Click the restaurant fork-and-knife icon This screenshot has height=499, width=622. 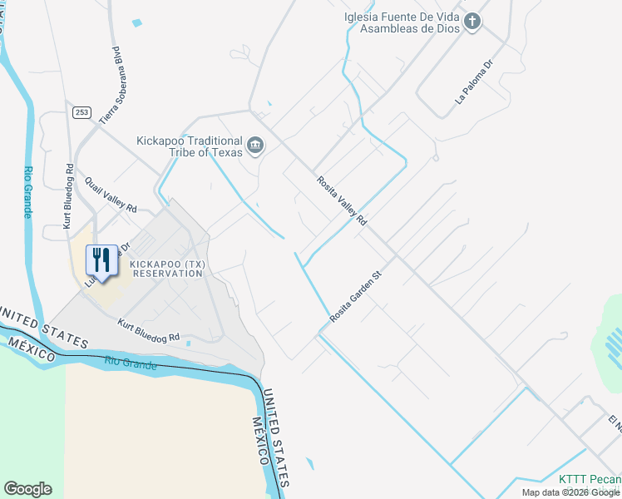tap(102, 259)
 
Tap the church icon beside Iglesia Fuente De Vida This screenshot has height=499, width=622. tap(472, 22)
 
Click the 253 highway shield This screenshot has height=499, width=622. tap(81, 112)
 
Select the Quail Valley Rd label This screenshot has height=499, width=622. tap(110, 194)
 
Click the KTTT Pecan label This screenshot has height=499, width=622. tap(590, 480)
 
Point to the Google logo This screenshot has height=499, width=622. tap(27, 489)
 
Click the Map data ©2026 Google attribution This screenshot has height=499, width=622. tap(571, 492)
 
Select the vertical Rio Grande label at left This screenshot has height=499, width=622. tap(27, 191)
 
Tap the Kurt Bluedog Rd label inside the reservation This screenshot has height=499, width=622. tap(149, 330)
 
